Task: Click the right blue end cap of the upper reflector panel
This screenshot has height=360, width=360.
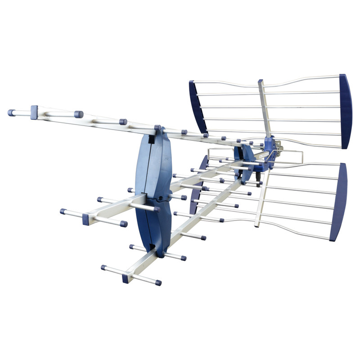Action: coord(345,112)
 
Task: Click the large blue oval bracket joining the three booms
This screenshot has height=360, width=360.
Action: coord(153,189)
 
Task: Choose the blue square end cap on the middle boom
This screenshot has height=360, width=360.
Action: coord(86,219)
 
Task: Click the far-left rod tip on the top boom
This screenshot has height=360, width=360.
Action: coord(11,112)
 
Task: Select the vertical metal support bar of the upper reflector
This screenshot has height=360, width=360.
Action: coord(265,110)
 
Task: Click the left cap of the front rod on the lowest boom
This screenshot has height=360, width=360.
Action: coord(104,267)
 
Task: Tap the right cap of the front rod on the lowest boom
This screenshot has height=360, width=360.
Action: coord(158,283)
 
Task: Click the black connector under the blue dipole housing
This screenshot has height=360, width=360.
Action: coord(259,183)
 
